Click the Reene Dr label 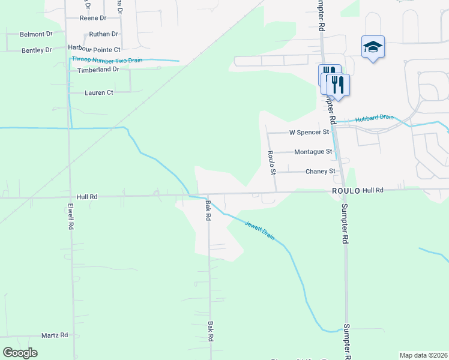click(x=92, y=19)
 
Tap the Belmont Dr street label click(x=36, y=35)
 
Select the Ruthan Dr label click(x=103, y=35)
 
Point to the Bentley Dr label click(x=37, y=50)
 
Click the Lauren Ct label click(x=99, y=93)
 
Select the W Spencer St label click(x=309, y=132)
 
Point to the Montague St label click(x=313, y=152)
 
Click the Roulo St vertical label click(x=272, y=163)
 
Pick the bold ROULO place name click(x=346, y=190)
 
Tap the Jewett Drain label click(x=259, y=230)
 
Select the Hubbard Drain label click(x=374, y=118)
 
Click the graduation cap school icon click(x=373, y=47)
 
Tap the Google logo click(x=20, y=353)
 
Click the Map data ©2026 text click(x=423, y=355)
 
